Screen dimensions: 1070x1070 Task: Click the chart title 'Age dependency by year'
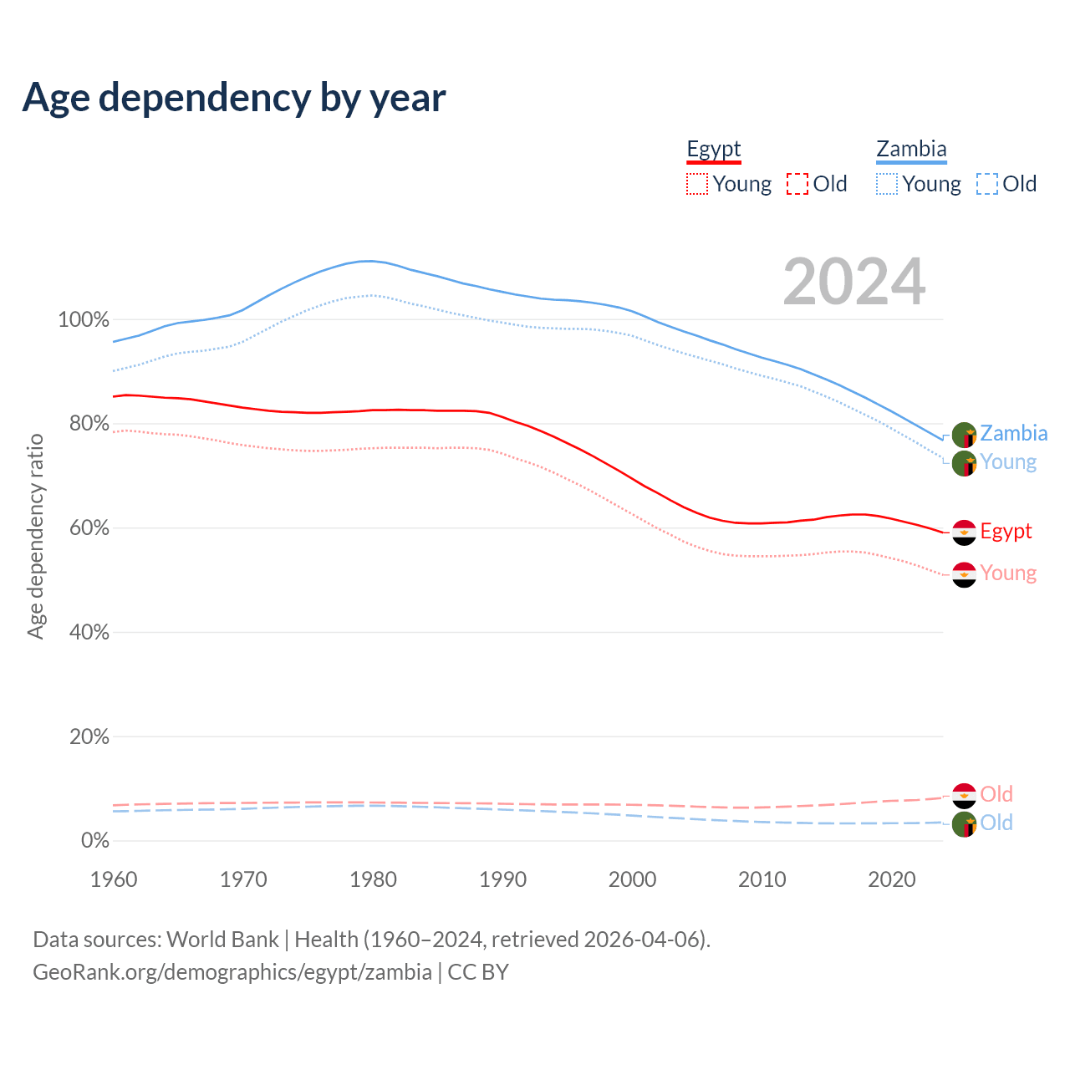point(234,98)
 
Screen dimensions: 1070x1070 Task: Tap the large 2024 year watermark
point(853,282)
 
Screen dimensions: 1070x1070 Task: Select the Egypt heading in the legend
point(714,150)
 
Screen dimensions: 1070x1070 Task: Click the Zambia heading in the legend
point(911,150)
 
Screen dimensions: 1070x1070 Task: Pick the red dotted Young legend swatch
point(697,184)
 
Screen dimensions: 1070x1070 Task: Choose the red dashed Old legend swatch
point(797,184)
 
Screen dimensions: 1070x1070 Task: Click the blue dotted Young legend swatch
point(887,184)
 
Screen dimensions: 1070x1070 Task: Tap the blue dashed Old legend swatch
point(987,184)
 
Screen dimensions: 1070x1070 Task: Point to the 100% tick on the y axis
point(84,320)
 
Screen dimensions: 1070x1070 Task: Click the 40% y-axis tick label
point(89,633)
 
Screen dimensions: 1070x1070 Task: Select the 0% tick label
point(94,841)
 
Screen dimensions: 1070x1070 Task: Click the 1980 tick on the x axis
point(373,879)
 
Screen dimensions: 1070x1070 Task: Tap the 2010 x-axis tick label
point(762,879)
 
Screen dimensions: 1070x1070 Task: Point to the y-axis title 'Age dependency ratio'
point(35,536)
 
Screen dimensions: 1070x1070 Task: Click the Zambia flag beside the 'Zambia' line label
point(964,435)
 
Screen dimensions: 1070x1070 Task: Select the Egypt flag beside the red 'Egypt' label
point(964,532)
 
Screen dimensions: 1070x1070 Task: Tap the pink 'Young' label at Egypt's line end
point(1008,573)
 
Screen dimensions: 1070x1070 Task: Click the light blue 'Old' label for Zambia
point(996,823)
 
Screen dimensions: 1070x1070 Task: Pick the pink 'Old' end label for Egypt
point(996,794)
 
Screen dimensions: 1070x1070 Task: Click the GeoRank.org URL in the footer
point(232,972)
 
